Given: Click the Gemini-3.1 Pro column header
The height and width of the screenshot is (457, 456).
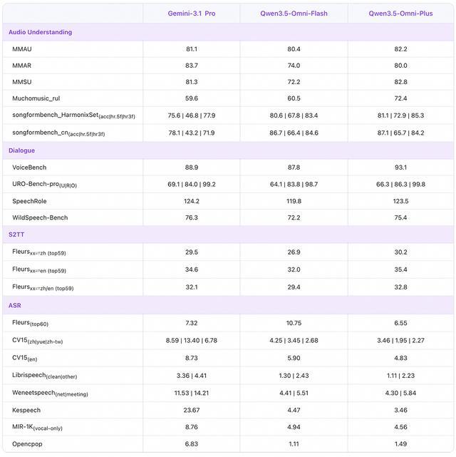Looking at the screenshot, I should (x=191, y=14).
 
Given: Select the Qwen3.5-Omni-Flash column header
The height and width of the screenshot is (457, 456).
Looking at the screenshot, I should (x=294, y=14).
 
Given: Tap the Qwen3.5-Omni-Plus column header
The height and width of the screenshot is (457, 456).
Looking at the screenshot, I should (x=400, y=14).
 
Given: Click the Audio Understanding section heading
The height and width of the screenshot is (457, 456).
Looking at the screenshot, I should (x=40, y=32).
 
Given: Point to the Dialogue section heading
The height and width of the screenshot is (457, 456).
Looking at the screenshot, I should (x=21, y=150).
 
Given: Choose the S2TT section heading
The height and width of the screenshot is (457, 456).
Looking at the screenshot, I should (x=17, y=234).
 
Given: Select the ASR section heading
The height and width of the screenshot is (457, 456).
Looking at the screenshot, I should (x=16, y=305).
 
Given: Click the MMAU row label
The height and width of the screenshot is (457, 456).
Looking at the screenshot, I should (x=23, y=49).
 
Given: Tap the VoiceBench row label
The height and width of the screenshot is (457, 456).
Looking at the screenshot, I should (x=29, y=167).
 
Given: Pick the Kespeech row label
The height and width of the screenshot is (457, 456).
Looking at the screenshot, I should (x=26, y=410).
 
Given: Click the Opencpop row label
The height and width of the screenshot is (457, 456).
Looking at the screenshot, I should (x=28, y=444).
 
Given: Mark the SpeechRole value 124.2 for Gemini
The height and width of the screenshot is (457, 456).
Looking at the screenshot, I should (x=191, y=201).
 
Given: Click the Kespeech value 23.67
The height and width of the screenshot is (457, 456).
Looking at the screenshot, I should (x=191, y=410).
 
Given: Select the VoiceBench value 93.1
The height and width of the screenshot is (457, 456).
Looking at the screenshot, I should (x=400, y=167).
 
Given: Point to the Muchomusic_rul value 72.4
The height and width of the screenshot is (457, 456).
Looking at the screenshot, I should (x=400, y=98).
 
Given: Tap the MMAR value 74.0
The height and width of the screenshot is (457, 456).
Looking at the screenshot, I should (x=294, y=66).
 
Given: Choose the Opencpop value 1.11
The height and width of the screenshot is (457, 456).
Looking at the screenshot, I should (x=294, y=444).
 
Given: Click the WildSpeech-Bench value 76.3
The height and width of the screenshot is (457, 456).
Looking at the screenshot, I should (x=191, y=217).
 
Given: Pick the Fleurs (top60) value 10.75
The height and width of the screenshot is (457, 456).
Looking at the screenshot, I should (x=294, y=323).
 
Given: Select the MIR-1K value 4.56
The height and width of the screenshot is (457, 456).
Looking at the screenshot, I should (x=400, y=427).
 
